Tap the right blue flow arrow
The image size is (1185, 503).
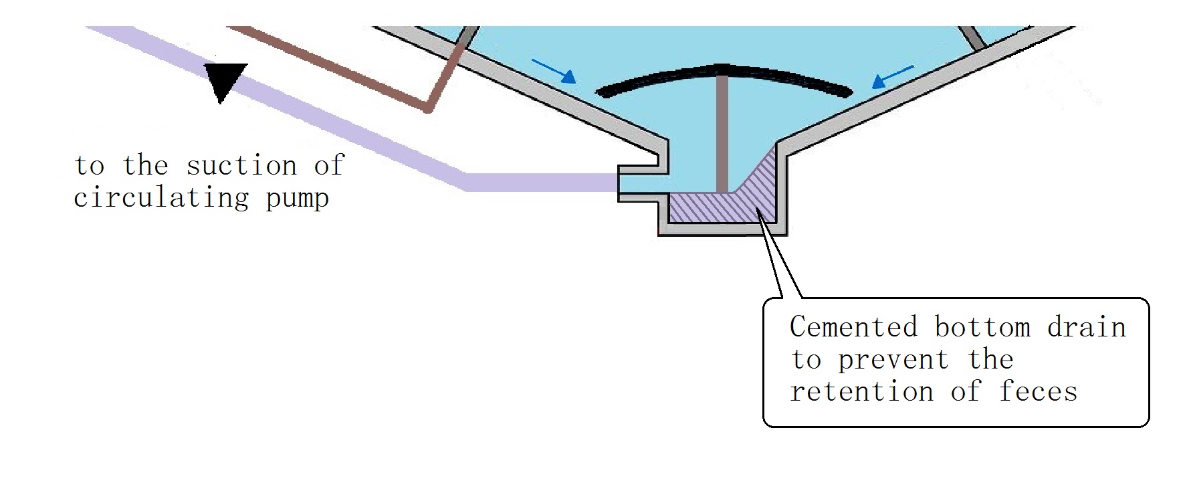coord(893,76)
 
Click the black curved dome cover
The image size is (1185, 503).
coord(722,74)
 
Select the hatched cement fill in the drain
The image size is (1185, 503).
coord(742,204)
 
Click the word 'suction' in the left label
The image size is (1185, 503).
coord(241,166)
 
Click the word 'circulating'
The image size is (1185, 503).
coord(160,198)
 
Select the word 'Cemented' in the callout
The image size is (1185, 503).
coord(853,327)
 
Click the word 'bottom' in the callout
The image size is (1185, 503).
coord(982,327)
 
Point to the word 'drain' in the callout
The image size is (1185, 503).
coord(1087,327)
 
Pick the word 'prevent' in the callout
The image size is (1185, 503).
coord(893,361)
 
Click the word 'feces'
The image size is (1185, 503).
coord(1038,392)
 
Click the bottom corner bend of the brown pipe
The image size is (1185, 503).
coord(429,108)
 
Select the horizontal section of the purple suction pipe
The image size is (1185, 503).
coord(542,182)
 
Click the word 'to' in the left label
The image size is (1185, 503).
coord(89,166)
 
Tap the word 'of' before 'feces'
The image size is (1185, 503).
coord(965,392)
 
